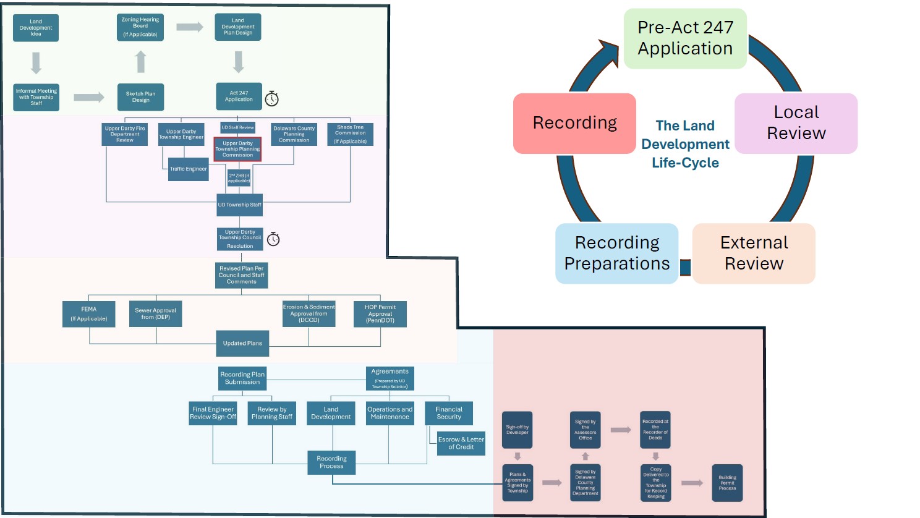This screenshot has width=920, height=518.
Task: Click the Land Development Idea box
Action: [36, 28]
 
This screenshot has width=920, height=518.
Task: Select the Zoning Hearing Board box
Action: [140, 27]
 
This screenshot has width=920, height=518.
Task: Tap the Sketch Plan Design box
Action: [140, 97]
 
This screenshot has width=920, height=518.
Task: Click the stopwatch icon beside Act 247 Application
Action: [271, 98]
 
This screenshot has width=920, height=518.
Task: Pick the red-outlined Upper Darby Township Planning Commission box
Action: [237, 150]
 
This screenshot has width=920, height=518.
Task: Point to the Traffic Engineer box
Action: [189, 169]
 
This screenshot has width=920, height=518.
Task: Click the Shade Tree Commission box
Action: [350, 134]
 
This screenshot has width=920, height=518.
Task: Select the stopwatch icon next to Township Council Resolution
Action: [273, 239]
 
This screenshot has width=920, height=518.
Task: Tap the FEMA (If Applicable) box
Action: [88, 314]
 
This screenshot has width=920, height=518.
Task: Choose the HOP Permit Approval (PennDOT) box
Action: [380, 314]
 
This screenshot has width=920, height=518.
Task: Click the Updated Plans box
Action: [242, 344]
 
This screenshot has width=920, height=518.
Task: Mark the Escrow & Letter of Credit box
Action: [461, 443]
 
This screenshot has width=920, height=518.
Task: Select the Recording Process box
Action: [331, 462]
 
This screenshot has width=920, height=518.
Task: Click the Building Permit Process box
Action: [727, 483]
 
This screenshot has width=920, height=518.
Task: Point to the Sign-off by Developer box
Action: [517, 430]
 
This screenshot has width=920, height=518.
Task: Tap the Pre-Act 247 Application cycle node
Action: [685, 38]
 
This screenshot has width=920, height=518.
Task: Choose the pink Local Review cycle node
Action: [796, 123]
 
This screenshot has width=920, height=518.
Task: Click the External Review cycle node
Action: [754, 253]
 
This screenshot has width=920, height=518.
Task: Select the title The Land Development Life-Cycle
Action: [685, 144]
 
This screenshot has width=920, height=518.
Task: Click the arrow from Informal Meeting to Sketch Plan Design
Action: [89, 97]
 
